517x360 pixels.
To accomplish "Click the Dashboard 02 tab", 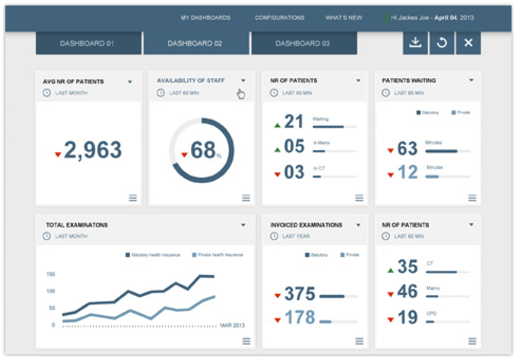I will coord(195,44).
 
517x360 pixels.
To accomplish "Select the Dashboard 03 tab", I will coord(302,44).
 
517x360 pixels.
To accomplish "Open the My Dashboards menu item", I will coord(205,18).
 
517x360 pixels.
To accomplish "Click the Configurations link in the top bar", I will coord(280,18).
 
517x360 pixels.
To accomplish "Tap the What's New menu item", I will coord(343,18).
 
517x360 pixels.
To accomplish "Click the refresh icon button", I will coord(442,43).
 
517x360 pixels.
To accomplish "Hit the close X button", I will coord(468,43).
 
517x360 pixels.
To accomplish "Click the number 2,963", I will coord(93,150).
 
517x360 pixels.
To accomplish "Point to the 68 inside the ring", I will coord(203,150).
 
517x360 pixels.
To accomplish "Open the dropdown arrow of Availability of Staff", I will coord(243,80).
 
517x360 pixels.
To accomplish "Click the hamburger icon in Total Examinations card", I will coord(246,341).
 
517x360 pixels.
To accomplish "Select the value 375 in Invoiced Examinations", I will coord(299,294).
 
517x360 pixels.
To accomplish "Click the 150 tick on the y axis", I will coord(51,274).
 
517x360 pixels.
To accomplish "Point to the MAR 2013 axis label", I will coord(232,325).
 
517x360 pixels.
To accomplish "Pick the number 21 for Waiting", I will coord(294,122).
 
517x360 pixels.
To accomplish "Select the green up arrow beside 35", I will coord(390,271).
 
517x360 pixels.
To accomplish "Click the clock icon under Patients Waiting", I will coord(386,93).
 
